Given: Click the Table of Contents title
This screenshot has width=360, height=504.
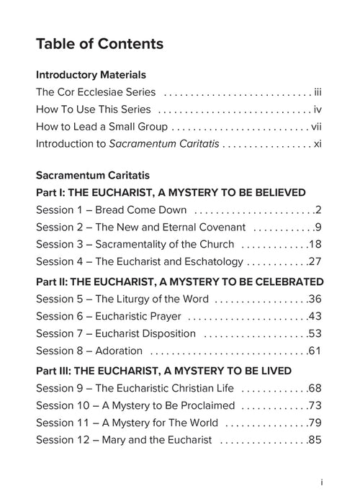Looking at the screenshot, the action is (99, 44).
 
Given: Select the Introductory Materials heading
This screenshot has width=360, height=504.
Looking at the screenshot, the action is (91, 75).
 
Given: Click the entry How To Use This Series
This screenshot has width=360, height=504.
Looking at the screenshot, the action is (94, 110).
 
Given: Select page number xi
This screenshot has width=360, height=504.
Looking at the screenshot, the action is (318, 144).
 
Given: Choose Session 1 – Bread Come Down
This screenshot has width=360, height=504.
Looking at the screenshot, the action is (112, 210).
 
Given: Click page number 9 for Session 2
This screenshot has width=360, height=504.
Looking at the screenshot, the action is (318, 228).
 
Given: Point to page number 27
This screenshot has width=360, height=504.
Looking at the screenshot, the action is (314, 262).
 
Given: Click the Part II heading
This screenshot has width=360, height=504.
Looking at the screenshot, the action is (179, 282).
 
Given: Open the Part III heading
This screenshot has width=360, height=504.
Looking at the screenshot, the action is (163, 371).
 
